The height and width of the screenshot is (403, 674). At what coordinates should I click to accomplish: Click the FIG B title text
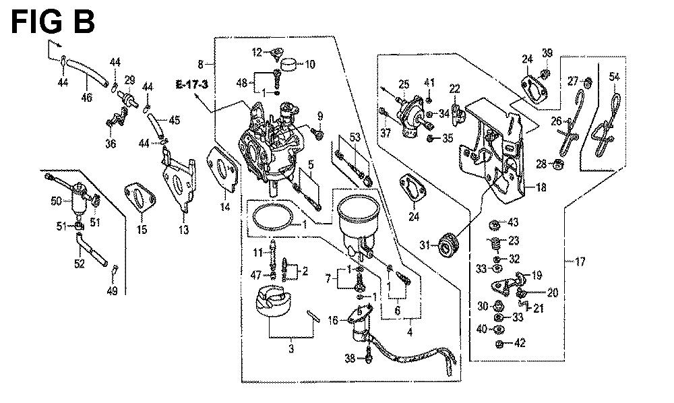click(53, 22)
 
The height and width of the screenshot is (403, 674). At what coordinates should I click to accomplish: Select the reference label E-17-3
click(191, 84)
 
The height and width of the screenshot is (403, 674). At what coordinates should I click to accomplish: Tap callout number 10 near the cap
click(310, 65)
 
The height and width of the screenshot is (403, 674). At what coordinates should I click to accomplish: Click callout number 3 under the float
click(291, 349)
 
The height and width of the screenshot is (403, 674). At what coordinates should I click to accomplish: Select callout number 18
click(541, 189)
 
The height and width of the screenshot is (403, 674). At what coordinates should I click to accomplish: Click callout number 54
click(614, 77)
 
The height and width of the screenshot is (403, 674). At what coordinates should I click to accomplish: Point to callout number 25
click(403, 84)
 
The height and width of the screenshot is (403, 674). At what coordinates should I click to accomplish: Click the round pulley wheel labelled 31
click(448, 245)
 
